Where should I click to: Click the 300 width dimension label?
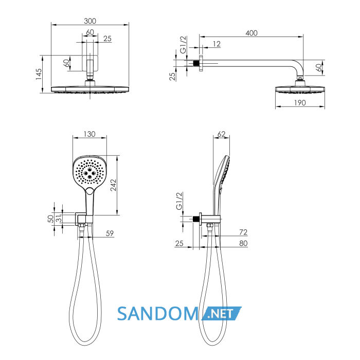pos(90,21)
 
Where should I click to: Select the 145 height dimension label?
pos(39,74)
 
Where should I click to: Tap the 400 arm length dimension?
pos(251,33)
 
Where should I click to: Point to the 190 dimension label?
pos(300,103)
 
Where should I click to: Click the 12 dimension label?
pos(217,44)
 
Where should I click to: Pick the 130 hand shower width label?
pos(89,134)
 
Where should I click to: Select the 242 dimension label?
pos(114,185)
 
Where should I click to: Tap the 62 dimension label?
pos(221,134)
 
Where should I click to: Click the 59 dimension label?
pos(110,233)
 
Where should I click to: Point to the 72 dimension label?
pos(243,232)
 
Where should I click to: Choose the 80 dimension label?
pos(243,243)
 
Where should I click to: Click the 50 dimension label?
pos(50,219)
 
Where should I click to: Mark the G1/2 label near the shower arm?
pos(183,45)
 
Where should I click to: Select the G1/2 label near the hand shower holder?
pos(179,201)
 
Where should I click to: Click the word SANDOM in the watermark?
pos(158,314)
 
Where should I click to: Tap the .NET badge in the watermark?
pos(222,313)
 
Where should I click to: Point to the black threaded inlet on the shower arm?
pos(196,63)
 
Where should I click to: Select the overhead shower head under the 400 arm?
pos(300,89)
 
